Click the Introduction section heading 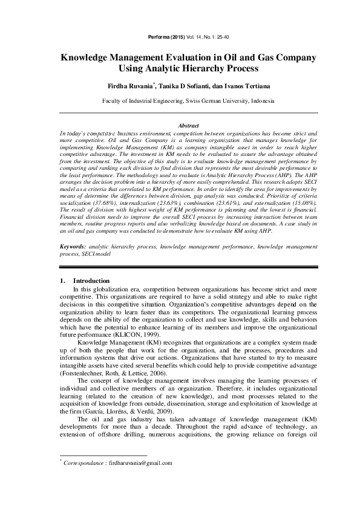click(x=91, y=281)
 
